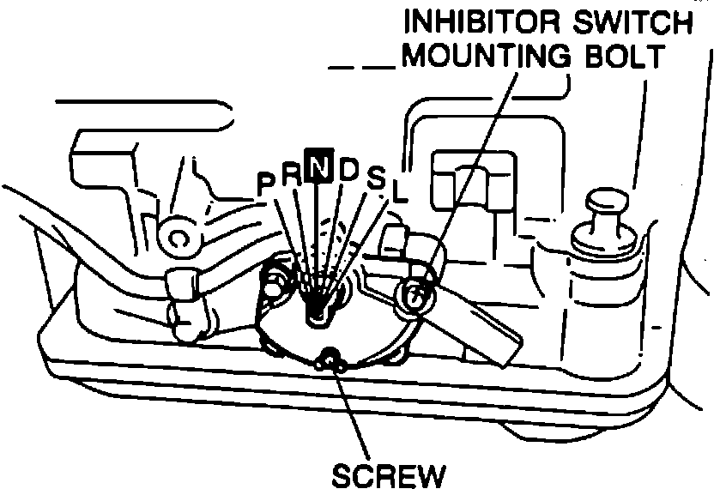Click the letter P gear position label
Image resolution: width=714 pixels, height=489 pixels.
266,182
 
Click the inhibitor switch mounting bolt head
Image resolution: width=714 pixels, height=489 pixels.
415,293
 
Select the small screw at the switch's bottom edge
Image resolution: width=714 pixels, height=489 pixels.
330,359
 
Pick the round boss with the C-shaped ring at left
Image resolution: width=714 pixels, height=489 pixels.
178,236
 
